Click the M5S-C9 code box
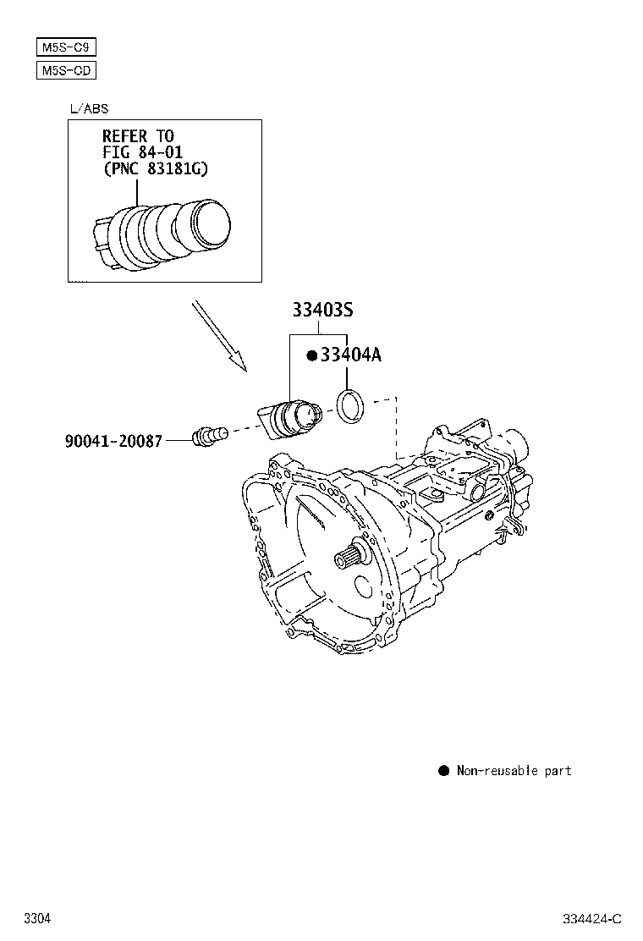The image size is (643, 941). point(66,47)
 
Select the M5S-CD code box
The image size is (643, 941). point(66,70)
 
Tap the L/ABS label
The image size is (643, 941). point(89,108)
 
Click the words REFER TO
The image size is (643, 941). point(138,135)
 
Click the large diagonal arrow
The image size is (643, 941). point(218,335)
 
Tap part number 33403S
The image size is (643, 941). point(322,311)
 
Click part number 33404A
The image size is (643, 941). point(350,355)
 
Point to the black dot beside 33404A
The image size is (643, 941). point(311,356)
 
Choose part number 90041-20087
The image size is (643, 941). point(113,441)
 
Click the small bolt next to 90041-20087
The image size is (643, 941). point(208,437)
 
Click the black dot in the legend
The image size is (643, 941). point(443,770)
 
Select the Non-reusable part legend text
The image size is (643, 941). point(514,770)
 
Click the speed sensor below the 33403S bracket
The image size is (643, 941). point(289,419)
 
